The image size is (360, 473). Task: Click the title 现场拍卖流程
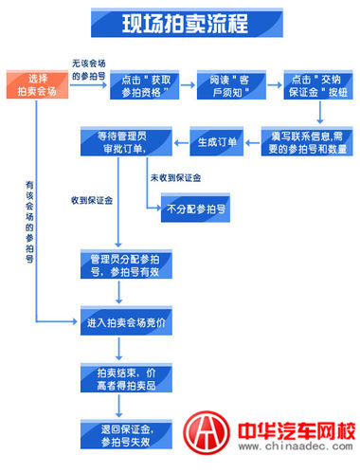(180, 23)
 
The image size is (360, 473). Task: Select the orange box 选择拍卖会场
(37, 83)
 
